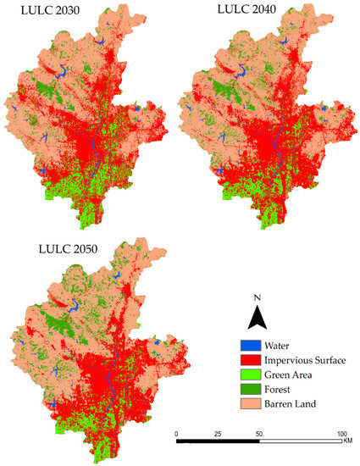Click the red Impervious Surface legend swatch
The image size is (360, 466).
pyautogui.click(x=248, y=361)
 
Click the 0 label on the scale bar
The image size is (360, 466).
pyautogui.click(x=176, y=434)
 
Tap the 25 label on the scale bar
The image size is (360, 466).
pyautogui.click(x=218, y=434)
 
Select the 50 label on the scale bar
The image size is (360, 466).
pyautogui.click(x=259, y=434)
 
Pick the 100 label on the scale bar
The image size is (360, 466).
pyautogui.click(x=341, y=434)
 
